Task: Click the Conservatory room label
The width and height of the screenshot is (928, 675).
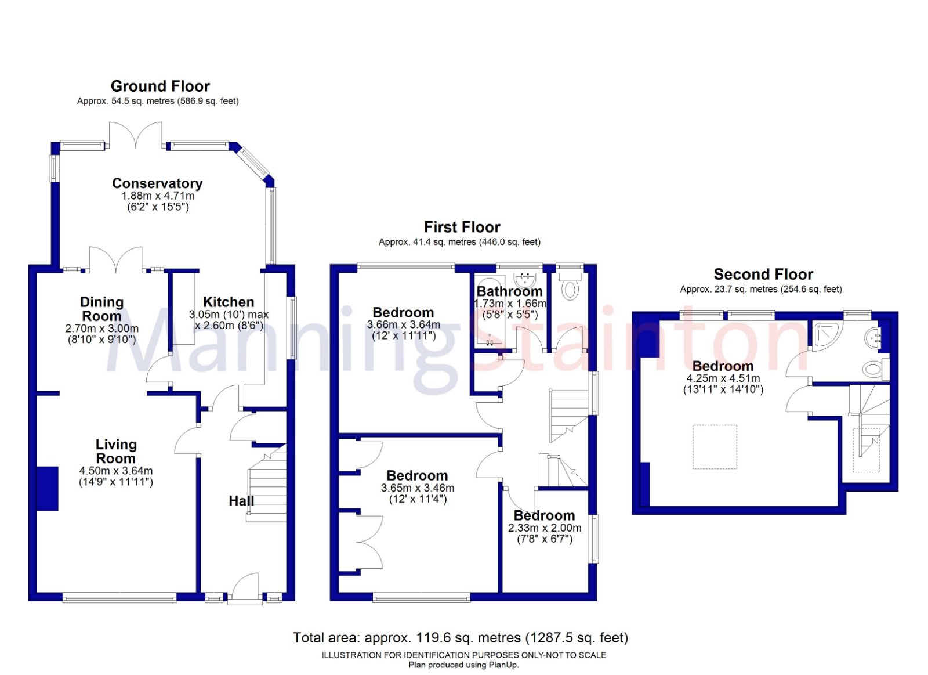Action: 157,183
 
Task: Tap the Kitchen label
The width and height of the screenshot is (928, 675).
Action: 229,302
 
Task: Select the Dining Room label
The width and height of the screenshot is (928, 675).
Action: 101,309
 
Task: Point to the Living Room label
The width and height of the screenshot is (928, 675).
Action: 116,451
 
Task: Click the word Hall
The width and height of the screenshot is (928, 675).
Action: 241,501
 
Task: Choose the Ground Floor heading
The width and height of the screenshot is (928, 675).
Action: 160,86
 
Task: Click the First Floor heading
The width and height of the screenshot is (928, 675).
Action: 462,227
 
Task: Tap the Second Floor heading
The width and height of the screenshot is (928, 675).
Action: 763,274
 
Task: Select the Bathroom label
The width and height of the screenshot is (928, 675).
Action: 509,291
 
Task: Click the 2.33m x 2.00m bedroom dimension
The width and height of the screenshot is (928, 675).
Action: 545,528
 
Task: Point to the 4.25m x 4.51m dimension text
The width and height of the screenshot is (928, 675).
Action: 723,378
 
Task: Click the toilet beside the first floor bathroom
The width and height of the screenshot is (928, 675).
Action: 570,290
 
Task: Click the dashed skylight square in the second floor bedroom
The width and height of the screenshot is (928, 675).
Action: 715,446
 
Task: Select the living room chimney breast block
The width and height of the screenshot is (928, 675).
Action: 48,489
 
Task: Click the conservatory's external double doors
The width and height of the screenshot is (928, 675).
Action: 136,135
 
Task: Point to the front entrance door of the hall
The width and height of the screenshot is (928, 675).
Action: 244,587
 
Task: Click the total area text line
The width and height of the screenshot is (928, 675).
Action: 461,638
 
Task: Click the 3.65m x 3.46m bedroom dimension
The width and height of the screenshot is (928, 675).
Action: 418,488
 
